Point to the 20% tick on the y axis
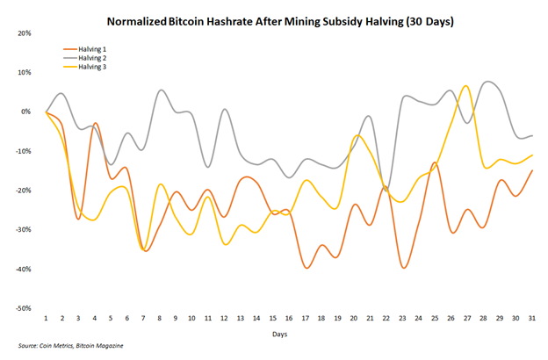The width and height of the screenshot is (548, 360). pos(25,32)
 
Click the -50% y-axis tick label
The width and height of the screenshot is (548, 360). pos(23,309)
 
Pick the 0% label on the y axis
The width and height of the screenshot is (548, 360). pos(26,112)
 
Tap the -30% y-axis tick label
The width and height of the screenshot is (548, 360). pos(23,230)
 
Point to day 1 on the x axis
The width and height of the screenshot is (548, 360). pos(47,317)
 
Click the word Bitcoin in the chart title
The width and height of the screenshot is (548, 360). pos(198,18)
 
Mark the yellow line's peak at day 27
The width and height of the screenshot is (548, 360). pos(466,86)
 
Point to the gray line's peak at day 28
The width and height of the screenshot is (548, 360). pos(488,82)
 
